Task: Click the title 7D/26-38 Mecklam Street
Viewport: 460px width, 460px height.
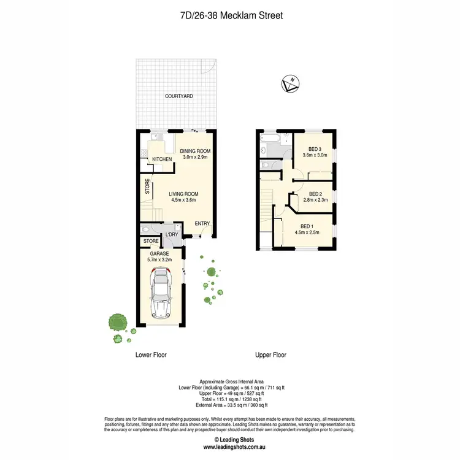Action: pos(230,15)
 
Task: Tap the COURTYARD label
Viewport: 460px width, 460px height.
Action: pos(178,96)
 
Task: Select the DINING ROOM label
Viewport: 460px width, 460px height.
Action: pos(196,151)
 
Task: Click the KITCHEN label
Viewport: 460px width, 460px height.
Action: pos(162,159)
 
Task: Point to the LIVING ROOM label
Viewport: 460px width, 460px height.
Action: pos(183,194)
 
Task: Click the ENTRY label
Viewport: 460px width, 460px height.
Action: pos(202,223)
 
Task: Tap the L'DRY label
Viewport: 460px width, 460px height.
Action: pos(172,235)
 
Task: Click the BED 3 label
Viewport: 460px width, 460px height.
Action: pos(313,149)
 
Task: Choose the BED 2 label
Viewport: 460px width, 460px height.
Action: pos(313,193)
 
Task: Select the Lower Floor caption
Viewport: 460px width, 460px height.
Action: pos(150,355)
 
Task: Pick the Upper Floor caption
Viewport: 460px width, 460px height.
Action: pos(270,355)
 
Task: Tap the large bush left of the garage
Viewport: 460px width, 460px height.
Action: pos(117,321)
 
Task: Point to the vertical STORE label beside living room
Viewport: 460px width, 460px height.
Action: pos(147,186)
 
